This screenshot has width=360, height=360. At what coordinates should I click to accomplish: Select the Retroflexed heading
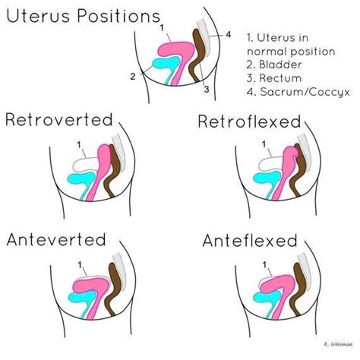click(248, 122)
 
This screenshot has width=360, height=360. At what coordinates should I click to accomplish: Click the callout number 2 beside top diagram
click(132, 76)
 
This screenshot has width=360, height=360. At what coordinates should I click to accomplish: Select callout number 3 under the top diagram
click(206, 89)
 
